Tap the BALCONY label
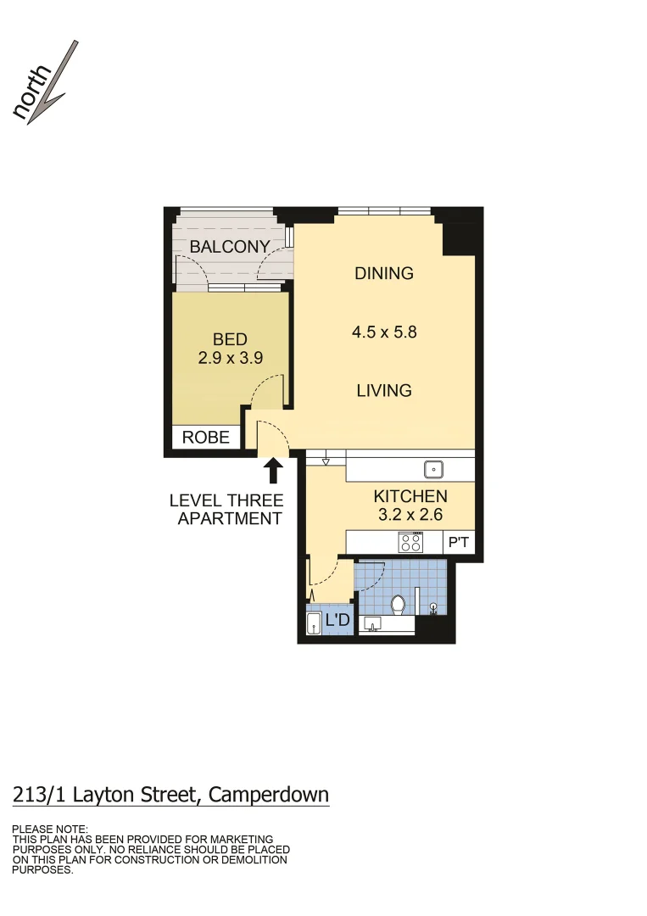[x=230, y=247]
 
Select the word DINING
[x=384, y=273]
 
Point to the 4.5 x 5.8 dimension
[x=384, y=332]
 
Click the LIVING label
[x=384, y=390]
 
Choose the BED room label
[x=230, y=340]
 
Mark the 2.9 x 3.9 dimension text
[x=230, y=358]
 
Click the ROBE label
[x=206, y=438]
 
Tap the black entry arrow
[x=273, y=470]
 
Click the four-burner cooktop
[x=411, y=541]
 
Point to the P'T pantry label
[x=458, y=541]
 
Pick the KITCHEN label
[x=410, y=496]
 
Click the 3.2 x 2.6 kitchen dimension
[x=410, y=514]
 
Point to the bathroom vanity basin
[x=371, y=625]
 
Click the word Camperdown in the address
[x=269, y=795]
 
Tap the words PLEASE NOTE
[x=50, y=829]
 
